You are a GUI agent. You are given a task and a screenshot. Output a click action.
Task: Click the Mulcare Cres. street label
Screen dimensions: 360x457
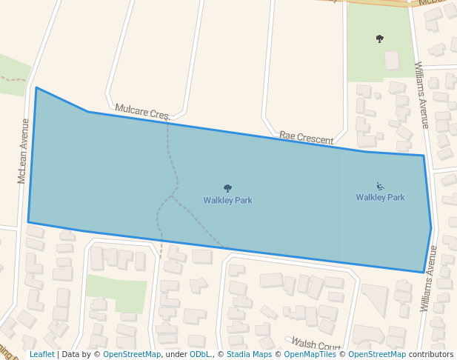[142, 113]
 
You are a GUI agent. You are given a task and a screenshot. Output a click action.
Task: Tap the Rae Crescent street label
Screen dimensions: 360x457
[306, 138]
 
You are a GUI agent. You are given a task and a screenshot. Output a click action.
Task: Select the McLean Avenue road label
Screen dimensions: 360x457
[24, 151]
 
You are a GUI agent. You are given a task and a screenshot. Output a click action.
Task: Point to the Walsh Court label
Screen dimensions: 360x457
[316, 344]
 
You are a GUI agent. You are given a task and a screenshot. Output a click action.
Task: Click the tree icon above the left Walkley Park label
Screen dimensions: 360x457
[227, 188]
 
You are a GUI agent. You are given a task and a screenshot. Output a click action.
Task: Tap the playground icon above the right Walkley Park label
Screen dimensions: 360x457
[380, 187]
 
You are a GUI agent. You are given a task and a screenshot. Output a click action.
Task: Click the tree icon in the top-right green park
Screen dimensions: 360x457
[380, 39]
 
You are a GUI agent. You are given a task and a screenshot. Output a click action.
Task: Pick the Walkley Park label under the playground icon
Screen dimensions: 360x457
[380, 198]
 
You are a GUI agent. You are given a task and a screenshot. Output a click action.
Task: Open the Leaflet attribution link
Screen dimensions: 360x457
[42, 355]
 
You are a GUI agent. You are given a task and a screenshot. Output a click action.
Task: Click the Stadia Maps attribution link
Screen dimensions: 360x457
[249, 355]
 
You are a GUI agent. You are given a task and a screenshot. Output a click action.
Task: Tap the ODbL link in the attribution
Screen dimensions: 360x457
[200, 355]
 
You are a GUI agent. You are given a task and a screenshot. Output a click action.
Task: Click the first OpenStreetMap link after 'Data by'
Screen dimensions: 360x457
[132, 355]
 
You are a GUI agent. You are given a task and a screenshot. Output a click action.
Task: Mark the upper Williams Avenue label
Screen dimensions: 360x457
[421, 95]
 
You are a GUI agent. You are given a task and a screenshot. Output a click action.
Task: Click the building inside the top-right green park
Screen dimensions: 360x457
[392, 60]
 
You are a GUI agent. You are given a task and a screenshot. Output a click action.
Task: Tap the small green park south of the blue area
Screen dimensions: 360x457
[116, 293]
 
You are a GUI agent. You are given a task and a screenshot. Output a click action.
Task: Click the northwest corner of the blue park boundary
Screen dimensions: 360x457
[36, 87]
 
